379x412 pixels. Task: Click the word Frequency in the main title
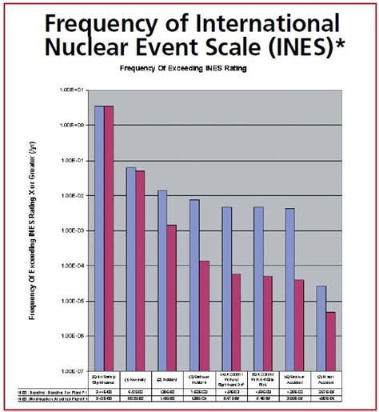(102, 21)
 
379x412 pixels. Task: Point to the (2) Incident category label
(167, 378)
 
